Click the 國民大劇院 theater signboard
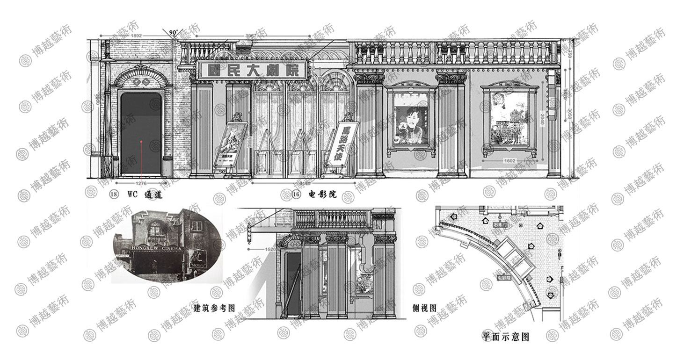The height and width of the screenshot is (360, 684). tap(253, 71)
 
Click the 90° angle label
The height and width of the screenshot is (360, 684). tap(174, 33)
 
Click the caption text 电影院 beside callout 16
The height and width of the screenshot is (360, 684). tap(322, 194)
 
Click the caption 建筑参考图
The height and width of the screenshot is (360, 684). tap(214, 308)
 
